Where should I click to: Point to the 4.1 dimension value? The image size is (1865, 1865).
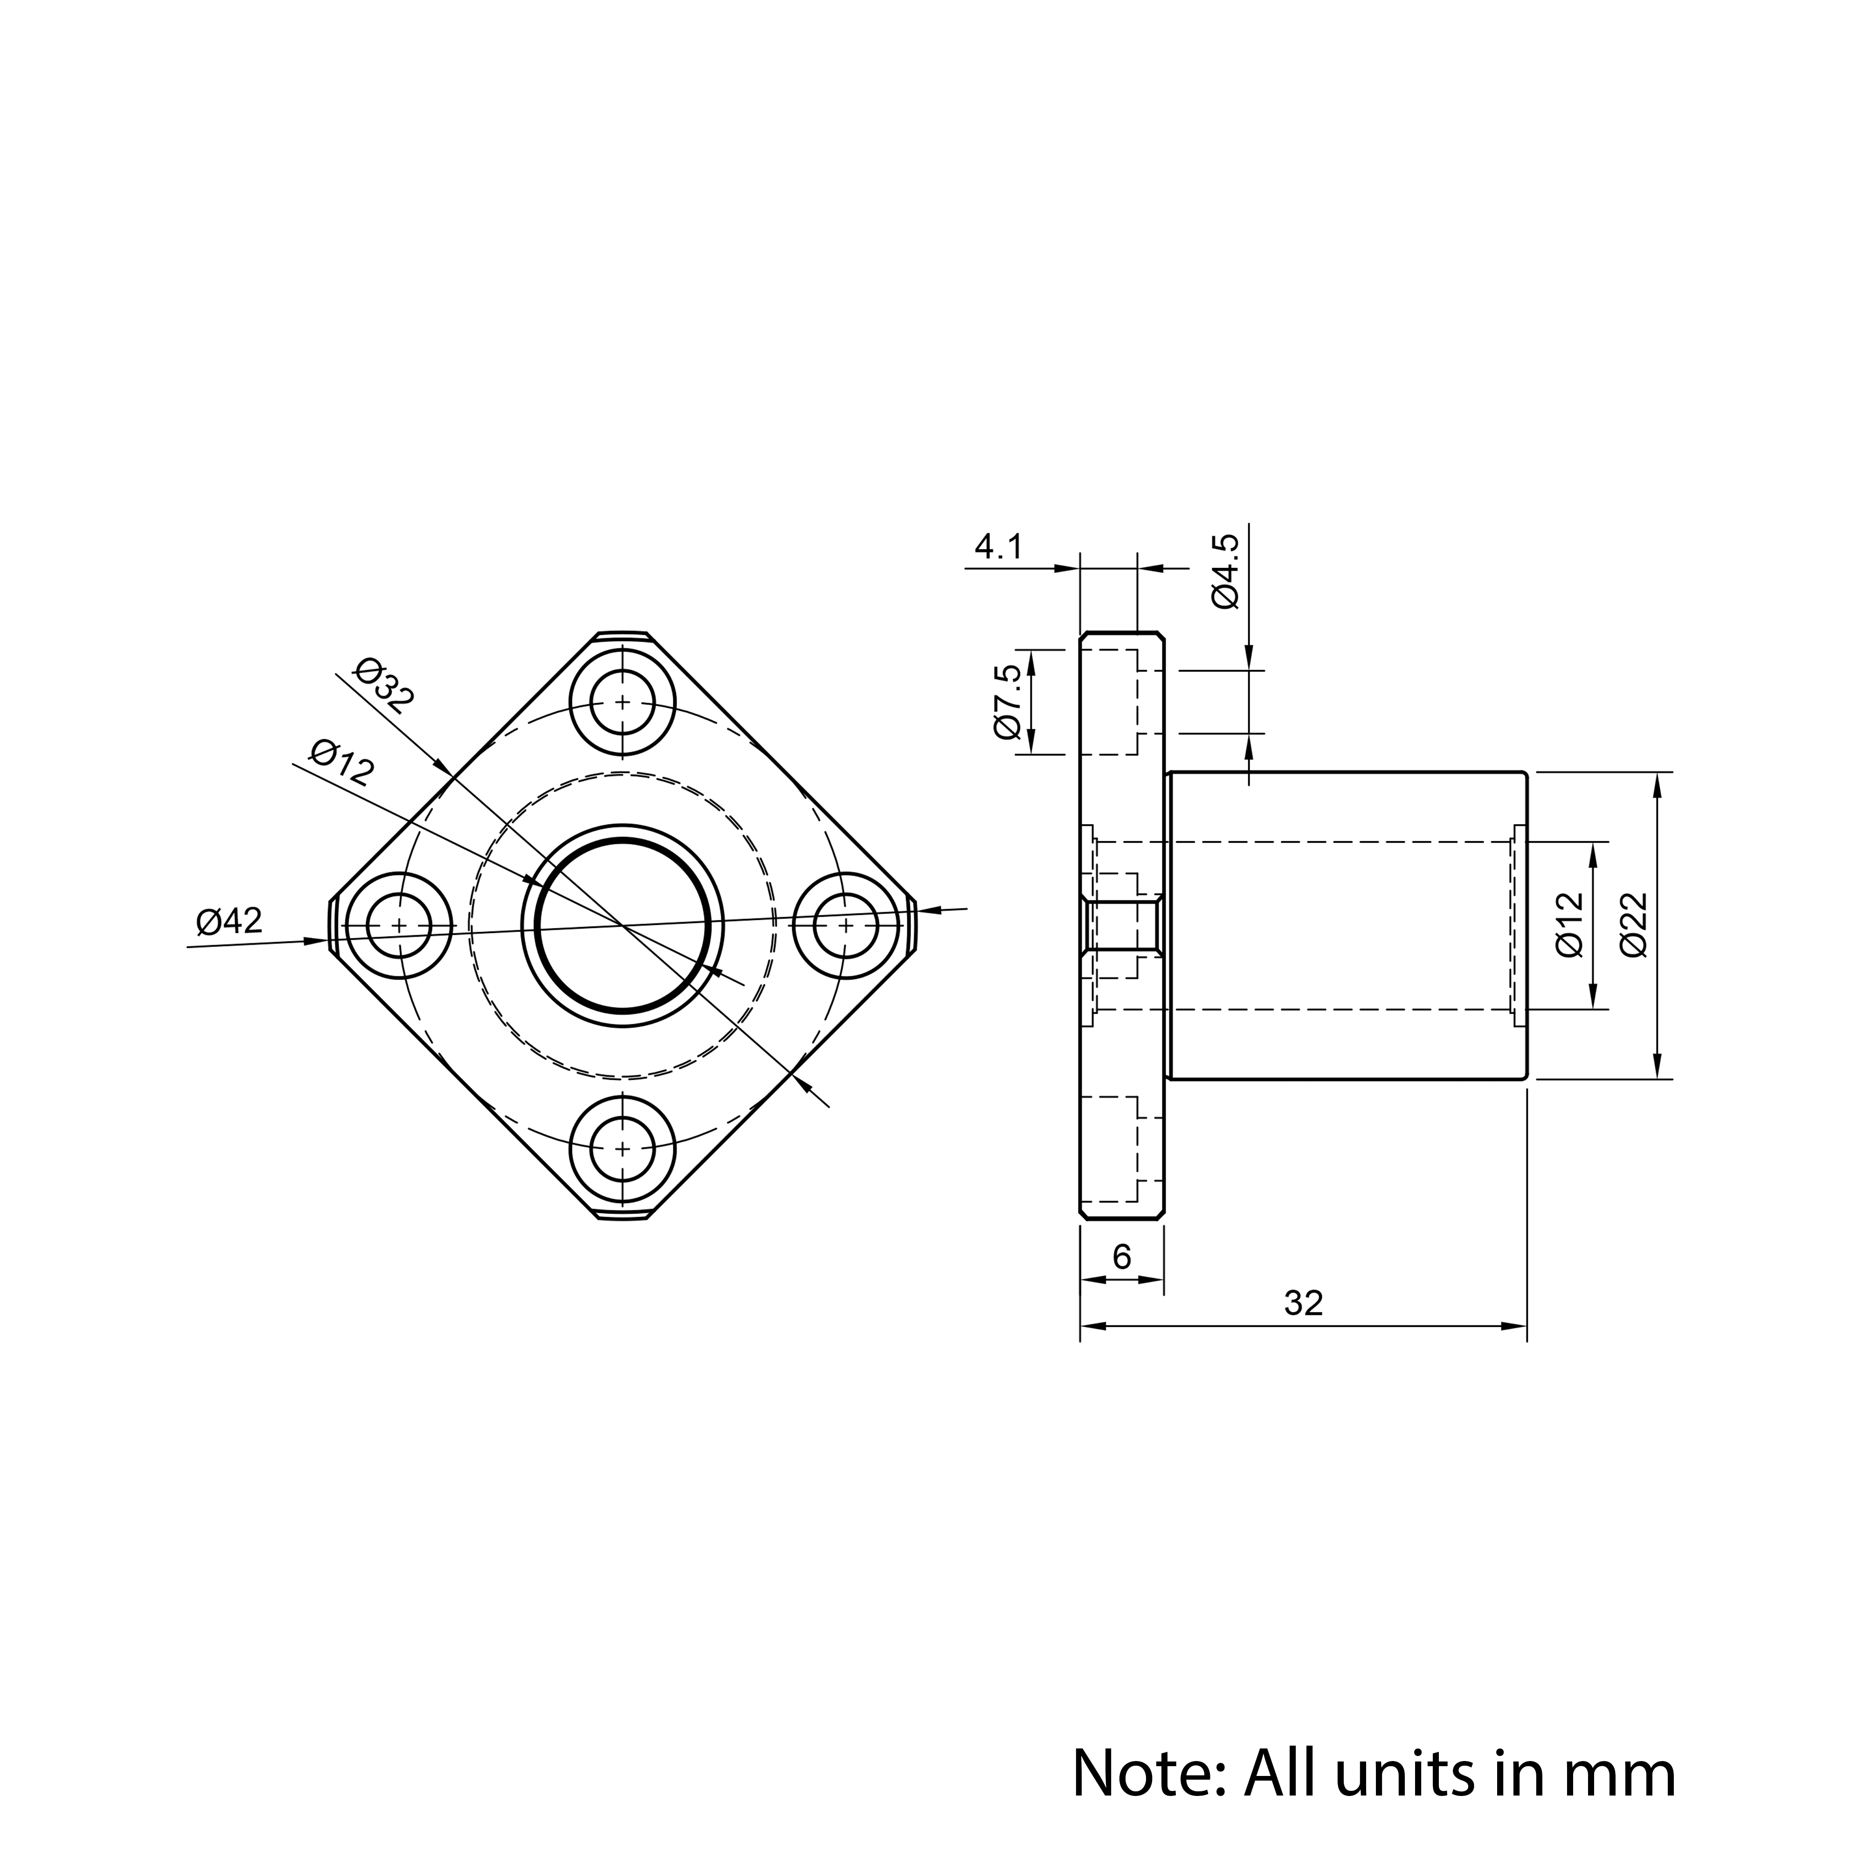click(x=998, y=547)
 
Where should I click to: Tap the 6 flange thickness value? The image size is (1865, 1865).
click(x=1122, y=1256)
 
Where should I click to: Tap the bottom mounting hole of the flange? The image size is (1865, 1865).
click(x=622, y=1148)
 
